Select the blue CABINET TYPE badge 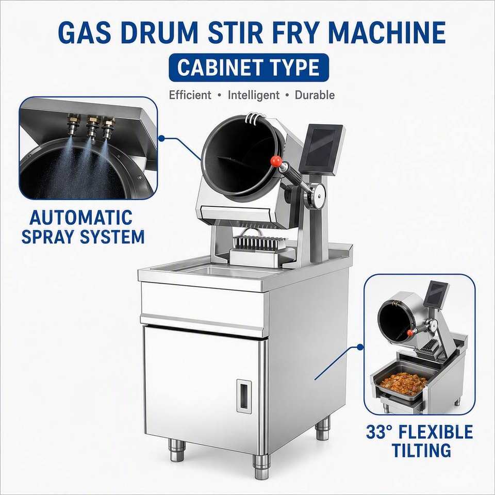(249, 68)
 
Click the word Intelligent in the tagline (254, 95)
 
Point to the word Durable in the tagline (315, 95)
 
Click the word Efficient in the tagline (190, 95)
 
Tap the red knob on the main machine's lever (276, 161)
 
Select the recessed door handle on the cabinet (244, 396)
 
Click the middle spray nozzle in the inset (92, 127)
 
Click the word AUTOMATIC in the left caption (81, 218)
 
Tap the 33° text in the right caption (379, 432)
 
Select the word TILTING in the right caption (421, 450)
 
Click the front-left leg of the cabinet (176, 450)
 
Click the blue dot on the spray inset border (162, 138)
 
